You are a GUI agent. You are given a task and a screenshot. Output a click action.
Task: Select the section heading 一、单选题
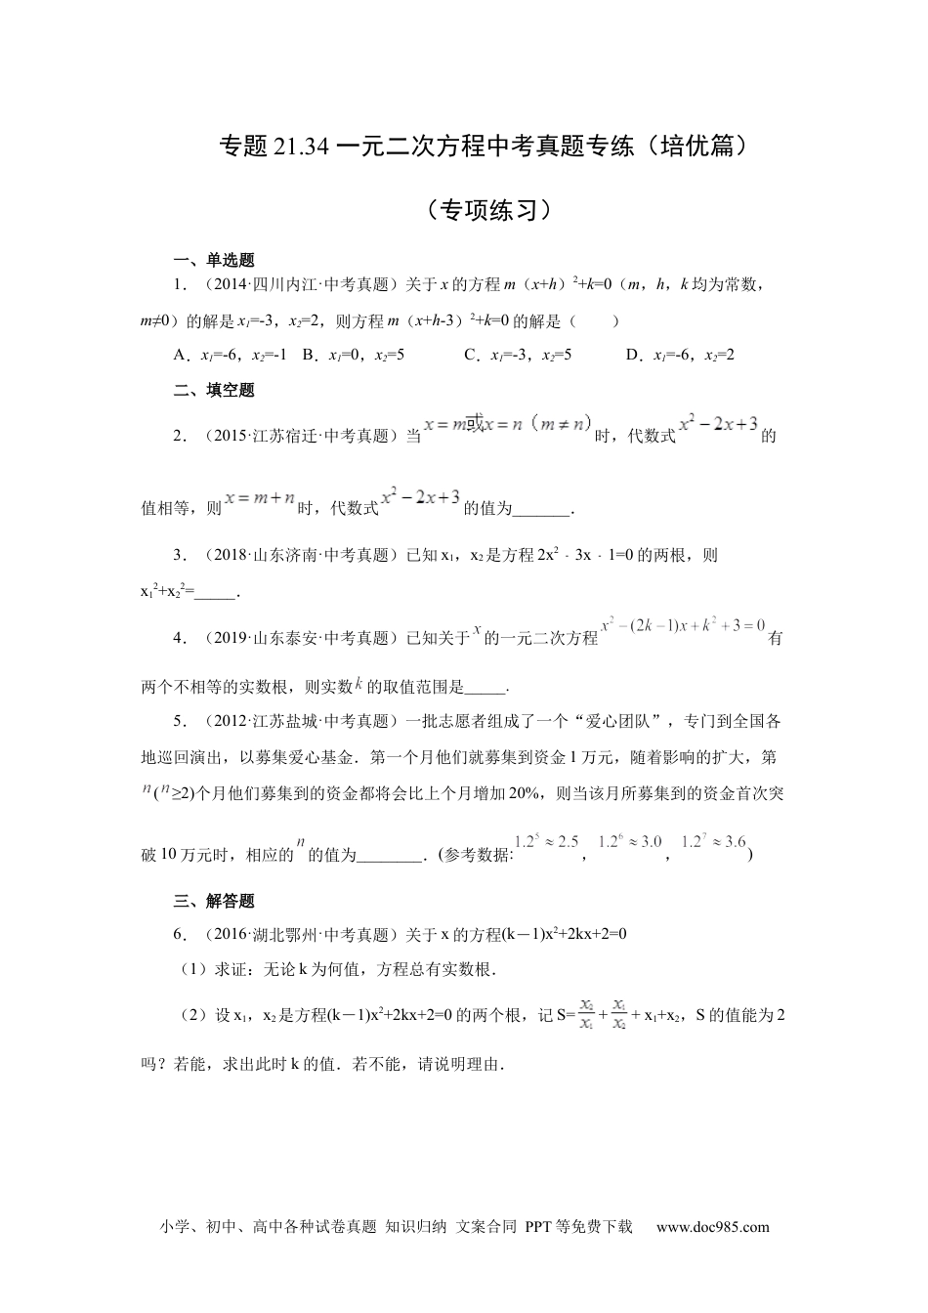pos(214,261)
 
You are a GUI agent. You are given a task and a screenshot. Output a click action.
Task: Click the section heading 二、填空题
pos(214,390)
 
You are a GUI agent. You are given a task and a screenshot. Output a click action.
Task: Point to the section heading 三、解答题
pos(214,901)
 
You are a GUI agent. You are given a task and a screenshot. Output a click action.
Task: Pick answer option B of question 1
pos(353,355)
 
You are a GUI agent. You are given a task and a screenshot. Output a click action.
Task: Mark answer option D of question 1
pos(679,355)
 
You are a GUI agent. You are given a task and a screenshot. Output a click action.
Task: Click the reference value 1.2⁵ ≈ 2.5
pos(547,842)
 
